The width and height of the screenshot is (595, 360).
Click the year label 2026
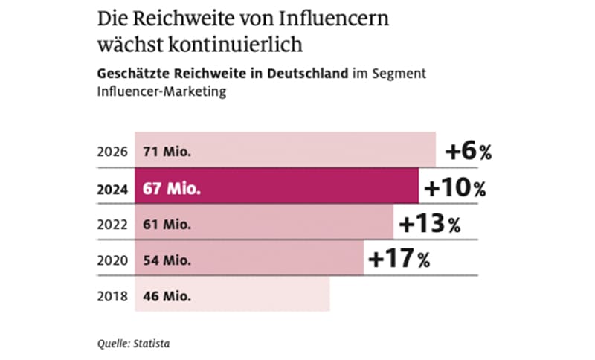pyautogui.click(x=112, y=152)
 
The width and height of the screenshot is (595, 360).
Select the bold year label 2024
pyautogui.click(x=112, y=188)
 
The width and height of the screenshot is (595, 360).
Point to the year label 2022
pyautogui.click(x=112, y=224)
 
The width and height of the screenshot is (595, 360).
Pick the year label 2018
pyautogui.click(x=112, y=295)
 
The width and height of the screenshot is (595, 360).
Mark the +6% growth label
pyautogui.click(x=468, y=152)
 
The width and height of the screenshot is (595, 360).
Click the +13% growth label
pyautogui.click(x=429, y=223)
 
